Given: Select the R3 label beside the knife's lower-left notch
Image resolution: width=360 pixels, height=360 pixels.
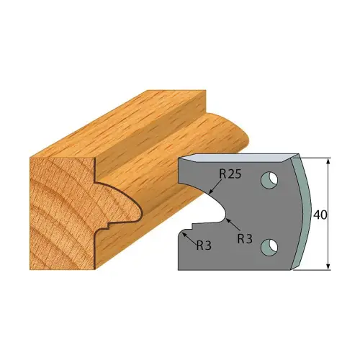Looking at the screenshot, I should pyautogui.click(x=204, y=244).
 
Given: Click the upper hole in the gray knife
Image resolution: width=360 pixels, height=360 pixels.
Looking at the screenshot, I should pyautogui.click(x=269, y=177).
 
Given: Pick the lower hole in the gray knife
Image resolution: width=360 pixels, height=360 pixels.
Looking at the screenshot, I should pyautogui.click(x=269, y=247).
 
